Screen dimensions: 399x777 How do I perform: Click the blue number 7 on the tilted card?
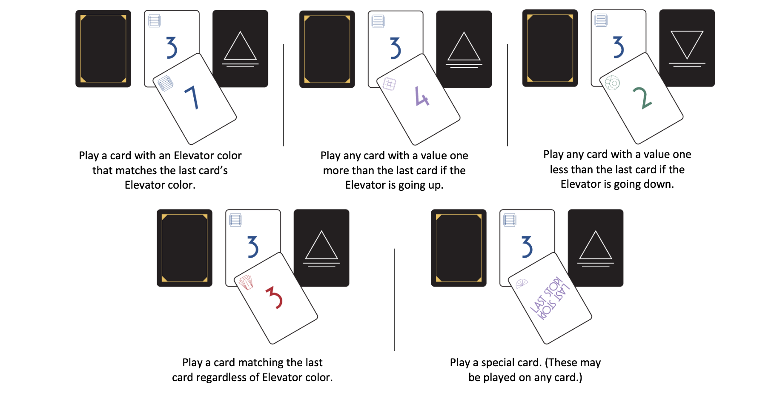click(192, 98)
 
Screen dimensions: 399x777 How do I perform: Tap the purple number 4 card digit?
click(421, 96)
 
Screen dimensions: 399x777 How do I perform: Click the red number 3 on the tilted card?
click(274, 297)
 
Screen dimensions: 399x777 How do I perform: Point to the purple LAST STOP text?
click(550, 298)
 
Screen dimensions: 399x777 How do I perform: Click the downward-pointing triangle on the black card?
click(687, 44)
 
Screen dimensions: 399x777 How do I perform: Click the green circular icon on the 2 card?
click(612, 83)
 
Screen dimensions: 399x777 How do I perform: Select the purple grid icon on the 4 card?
click(389, 84)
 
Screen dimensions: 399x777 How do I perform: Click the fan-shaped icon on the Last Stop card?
click(522, 283)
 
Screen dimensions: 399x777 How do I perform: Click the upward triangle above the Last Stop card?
click(595, 246)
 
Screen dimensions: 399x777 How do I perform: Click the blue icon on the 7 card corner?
click(166, 83)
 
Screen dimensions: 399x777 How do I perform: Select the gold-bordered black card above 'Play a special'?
click(459, 248)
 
